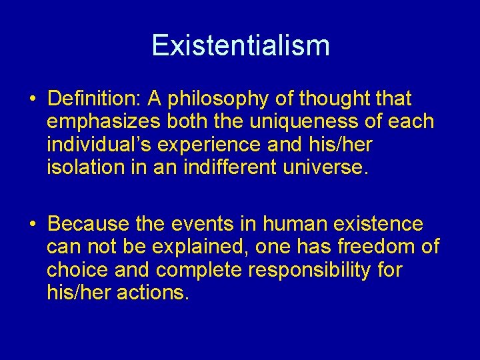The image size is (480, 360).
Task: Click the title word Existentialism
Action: pyautogui.click(x=240, y=45)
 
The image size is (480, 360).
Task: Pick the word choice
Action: pyautogui.click(x=78, y=269)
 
